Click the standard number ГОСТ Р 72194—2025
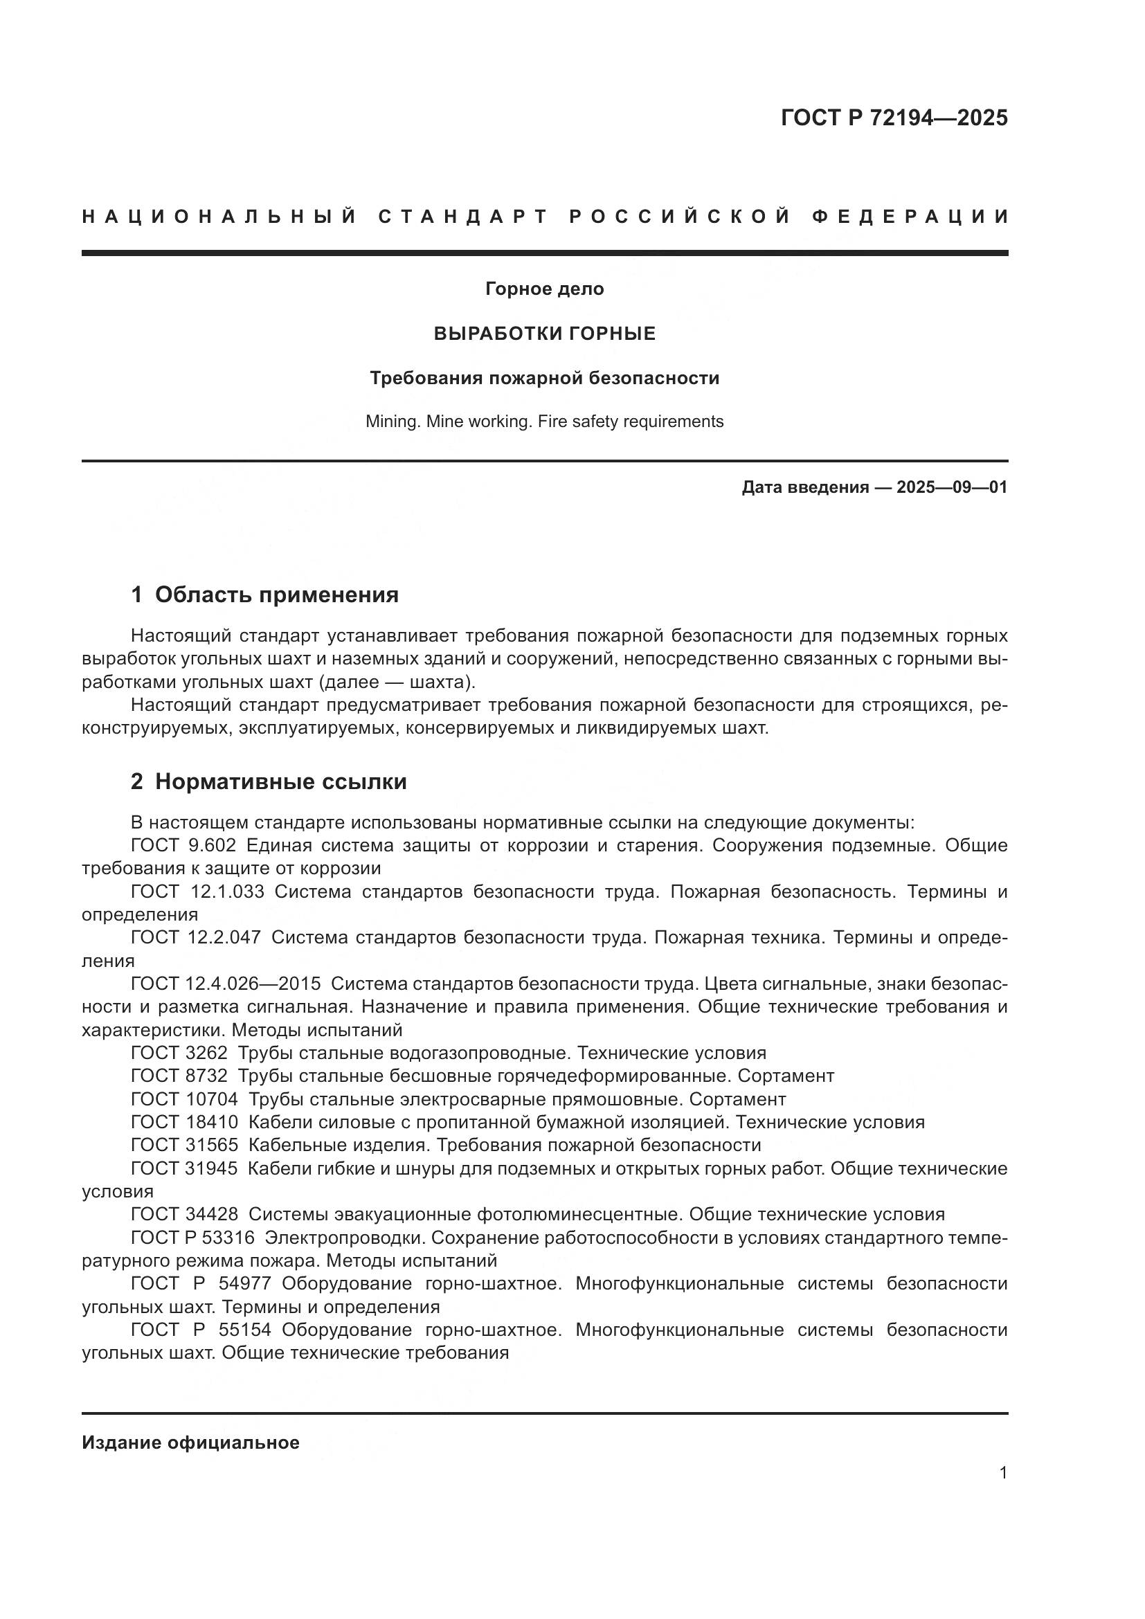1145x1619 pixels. point(893,118)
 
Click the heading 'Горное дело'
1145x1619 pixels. point(544,289)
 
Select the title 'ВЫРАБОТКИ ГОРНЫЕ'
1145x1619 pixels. point(544,334)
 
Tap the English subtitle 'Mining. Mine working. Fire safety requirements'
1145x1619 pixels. point(544,422)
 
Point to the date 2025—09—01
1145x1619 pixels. point(951,487)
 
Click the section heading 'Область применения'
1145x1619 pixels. point(276,595)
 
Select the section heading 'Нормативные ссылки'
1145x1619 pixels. point(280,782)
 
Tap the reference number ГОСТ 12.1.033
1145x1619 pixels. point(197,892)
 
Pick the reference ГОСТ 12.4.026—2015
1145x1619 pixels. point(226,984)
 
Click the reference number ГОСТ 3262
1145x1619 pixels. point(179,1053)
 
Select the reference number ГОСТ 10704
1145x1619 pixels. point(185,1099)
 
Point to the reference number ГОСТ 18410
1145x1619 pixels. point(185,1123)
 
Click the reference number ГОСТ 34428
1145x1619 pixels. point(185,1215)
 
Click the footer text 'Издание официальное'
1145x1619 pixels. point(190,1442)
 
